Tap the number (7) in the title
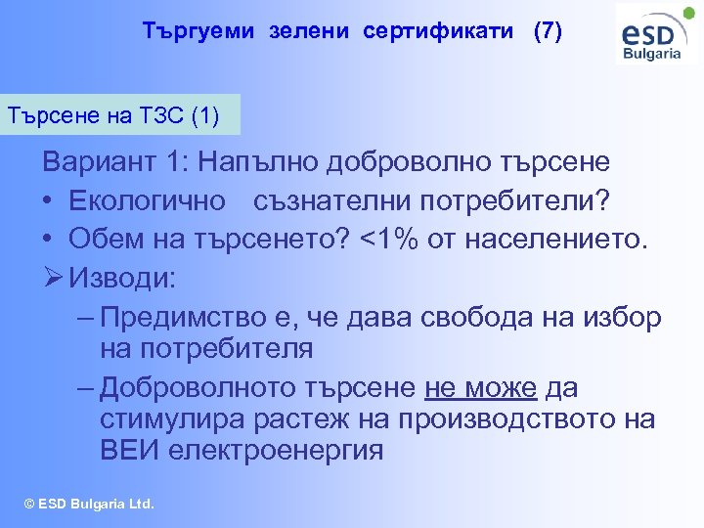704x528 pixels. (548, 31)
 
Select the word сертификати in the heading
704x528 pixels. (438, 31)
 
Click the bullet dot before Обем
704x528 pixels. (47, 240)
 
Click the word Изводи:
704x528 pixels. (122, 279)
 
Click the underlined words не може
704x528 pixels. (481, 388)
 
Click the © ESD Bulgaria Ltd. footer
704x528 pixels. (89, 505)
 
